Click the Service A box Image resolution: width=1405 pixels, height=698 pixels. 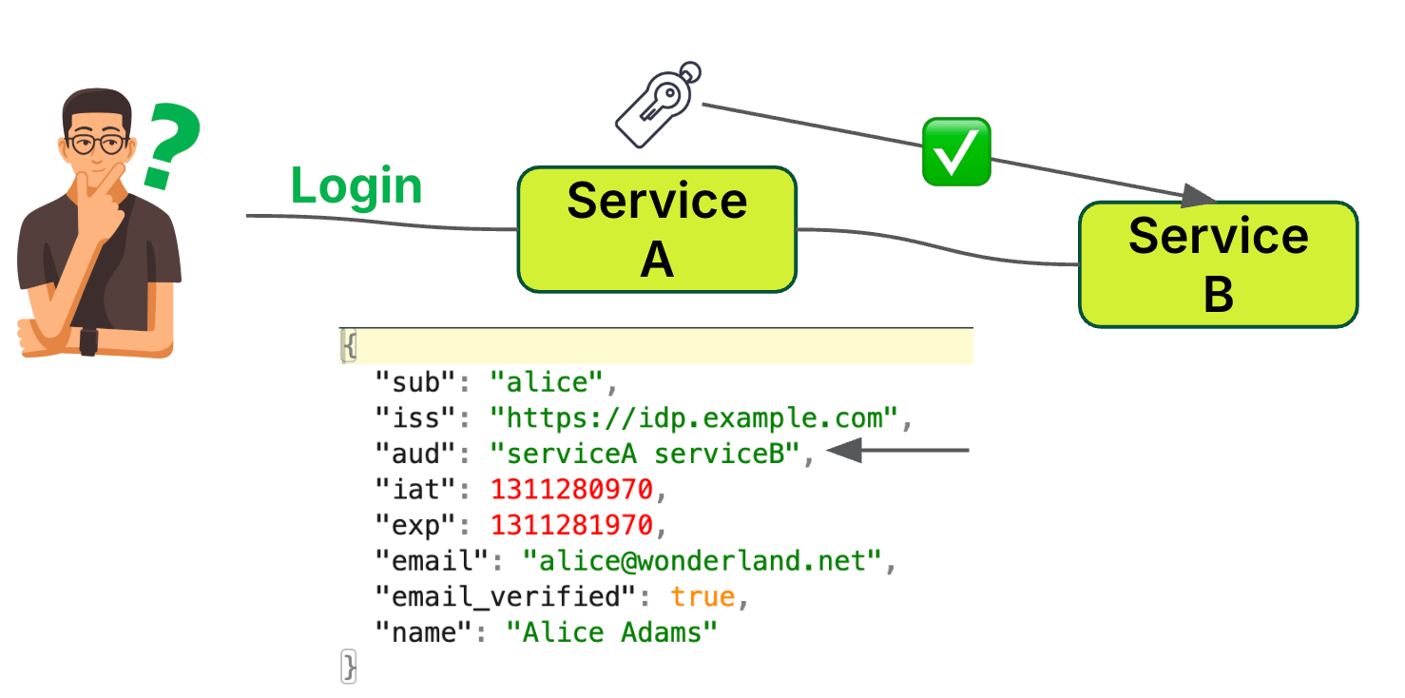656,229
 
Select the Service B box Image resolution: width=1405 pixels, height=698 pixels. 1218,264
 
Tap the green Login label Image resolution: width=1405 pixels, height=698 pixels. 356,185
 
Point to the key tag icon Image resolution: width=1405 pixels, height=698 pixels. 657,106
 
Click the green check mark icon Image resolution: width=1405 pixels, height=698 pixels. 956,152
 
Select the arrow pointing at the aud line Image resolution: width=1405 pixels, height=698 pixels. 897,451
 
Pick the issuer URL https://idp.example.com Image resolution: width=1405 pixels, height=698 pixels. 693,417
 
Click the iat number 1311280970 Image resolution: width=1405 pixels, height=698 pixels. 571,490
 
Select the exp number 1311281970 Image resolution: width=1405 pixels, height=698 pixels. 571,525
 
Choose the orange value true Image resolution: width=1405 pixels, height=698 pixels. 702,597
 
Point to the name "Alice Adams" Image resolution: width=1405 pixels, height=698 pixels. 611,632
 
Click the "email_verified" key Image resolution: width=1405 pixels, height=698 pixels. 504,597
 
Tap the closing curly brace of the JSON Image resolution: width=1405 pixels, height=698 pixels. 349,667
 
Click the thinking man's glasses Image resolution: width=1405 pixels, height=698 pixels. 96,145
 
